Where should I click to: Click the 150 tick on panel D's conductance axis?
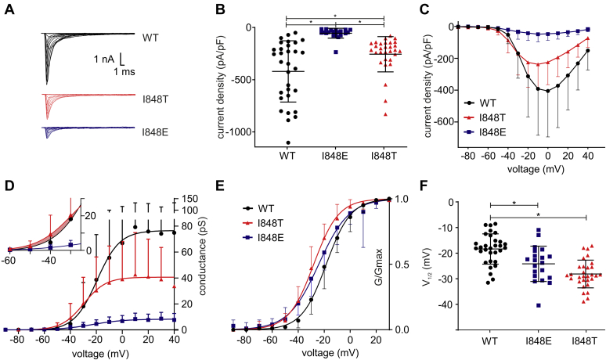(187, 200)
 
